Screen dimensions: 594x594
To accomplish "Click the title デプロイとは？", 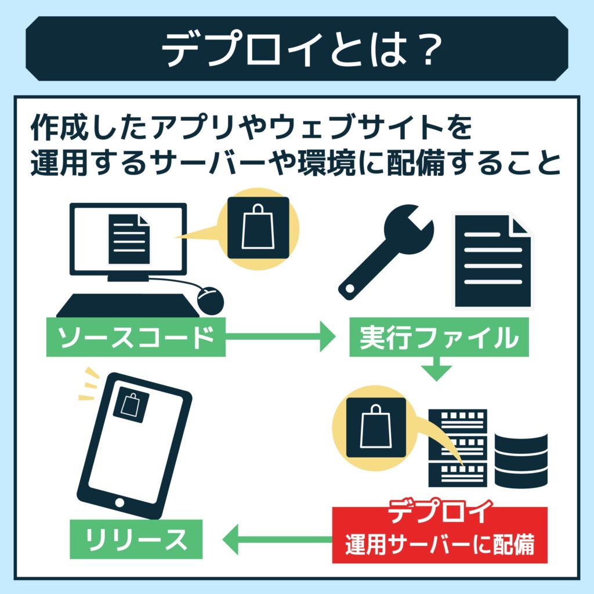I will click(x=297, y=49).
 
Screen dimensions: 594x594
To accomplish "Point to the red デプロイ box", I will click(x=439, y=534).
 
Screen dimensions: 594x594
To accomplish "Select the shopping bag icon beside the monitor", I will click(x=258, y=228).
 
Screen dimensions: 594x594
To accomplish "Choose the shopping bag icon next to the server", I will click(x=376, y=428).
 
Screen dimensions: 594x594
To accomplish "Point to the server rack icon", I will click(x=457, y=447).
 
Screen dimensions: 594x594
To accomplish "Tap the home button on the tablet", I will click(x=120, y=501).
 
